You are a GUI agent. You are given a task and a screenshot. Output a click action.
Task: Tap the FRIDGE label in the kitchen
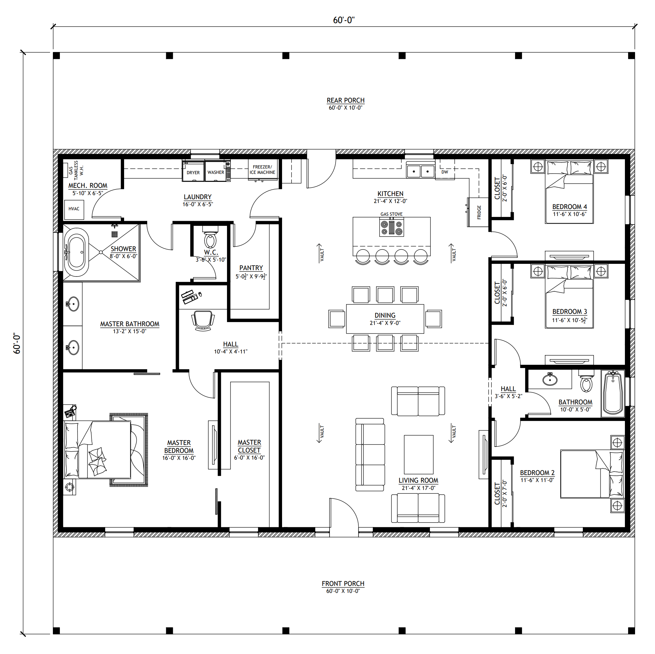click(479, 212)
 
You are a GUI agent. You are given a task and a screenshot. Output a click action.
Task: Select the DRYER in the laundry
click(193, 171)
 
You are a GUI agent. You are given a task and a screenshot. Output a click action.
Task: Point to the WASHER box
click(216, 171)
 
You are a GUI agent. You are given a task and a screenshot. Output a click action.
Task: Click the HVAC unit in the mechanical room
click(74, 209)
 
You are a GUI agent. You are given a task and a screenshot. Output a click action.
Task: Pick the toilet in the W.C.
click(211, 238)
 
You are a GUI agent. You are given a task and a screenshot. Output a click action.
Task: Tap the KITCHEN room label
click(391, 194)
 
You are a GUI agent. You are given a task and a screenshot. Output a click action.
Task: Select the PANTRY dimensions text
click(251, 276)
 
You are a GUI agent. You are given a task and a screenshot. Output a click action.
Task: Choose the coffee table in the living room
click(419, 454)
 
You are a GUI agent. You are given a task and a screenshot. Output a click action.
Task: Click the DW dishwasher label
click(445, 172)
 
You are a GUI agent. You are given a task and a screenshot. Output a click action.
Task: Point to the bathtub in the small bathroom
click(613, 393)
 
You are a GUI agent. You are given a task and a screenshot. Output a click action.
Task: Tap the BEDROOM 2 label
click(537, 473)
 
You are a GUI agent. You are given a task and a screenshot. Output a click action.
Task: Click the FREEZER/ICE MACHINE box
click(262, 170)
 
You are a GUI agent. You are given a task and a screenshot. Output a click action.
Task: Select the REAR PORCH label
click(346, 100)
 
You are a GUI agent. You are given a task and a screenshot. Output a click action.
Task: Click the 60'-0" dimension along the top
click(344, 20)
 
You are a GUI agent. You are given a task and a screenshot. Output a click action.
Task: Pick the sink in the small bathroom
click(550, 379)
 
